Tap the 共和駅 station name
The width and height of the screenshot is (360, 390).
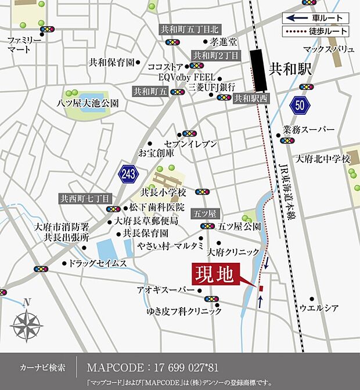click(291, 69)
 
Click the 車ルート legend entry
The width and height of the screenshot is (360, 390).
click(316, 18)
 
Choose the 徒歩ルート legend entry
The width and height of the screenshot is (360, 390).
click(316, 31)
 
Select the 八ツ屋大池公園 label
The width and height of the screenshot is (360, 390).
click(88, 103)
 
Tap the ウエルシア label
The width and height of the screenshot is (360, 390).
click(319, 308)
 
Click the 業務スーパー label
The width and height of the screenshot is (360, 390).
click(309, 129)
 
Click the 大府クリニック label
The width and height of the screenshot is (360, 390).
click(233, 252)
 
